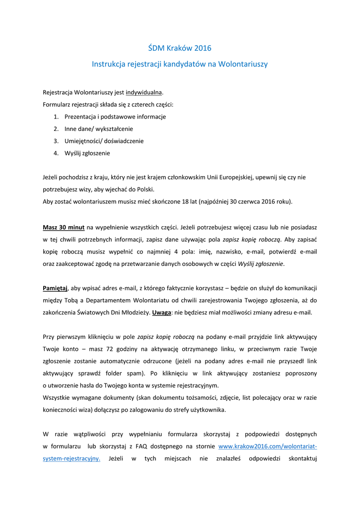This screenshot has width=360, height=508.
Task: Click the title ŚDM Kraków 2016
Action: coord(180,48)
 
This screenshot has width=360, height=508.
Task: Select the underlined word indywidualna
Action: coord(144,92)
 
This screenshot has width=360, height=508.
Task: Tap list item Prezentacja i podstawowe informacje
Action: coord(115,117)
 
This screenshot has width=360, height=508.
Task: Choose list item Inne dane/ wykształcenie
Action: coord(98,129)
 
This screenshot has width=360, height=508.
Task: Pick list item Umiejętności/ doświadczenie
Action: coord(104,141)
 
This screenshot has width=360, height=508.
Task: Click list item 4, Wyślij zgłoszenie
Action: coord(87,153)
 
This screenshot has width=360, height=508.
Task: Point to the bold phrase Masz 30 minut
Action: coord(64,227)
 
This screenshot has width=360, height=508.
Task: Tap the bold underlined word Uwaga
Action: coord(161,313)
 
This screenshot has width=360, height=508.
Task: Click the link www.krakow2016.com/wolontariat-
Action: coord(268,446)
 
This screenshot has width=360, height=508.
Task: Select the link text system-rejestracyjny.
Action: coord(72,458)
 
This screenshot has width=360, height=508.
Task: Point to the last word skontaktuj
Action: coord(302,458)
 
